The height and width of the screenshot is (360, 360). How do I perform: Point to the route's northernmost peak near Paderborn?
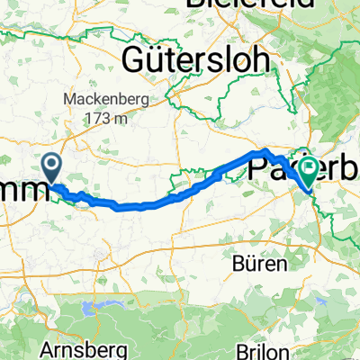tap(267, 148)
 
